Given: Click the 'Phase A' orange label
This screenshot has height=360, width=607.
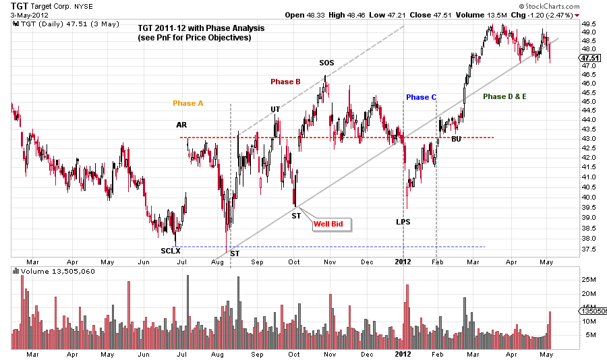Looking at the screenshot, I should coord(187,103).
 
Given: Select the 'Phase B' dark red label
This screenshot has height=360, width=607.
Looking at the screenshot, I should coord(285,82).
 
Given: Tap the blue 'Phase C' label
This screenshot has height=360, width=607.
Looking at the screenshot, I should coord(422,97).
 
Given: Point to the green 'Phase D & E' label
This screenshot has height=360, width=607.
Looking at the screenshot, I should coord(504,96).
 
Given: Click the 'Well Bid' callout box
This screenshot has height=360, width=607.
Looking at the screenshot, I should coord(332,224).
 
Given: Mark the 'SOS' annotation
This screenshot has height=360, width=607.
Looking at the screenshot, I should coord(326,63).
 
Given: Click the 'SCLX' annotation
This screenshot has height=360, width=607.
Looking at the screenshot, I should coord(171,251).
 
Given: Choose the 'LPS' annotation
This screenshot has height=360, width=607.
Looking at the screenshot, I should coord(403,221).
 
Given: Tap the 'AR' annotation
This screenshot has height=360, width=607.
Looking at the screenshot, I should coord(182,125).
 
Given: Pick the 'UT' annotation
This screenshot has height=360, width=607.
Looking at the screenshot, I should coord(275,109).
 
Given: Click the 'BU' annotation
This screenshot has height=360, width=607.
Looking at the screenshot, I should coord(456,139).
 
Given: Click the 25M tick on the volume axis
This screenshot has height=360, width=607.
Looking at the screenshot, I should coord(588,278).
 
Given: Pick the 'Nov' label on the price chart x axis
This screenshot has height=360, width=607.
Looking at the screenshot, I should coord(330,261).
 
